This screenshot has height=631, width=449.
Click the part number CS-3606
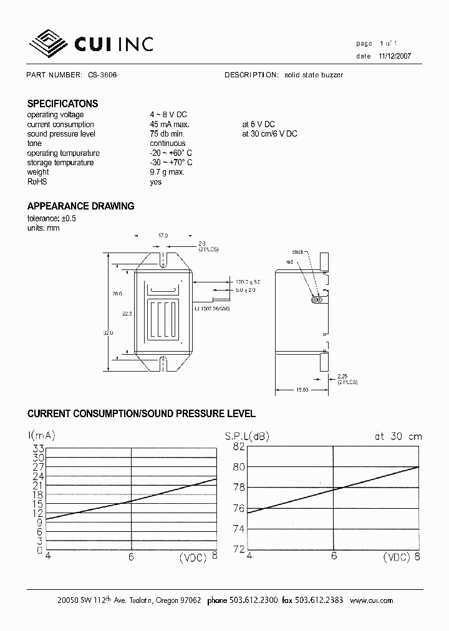[102, 75]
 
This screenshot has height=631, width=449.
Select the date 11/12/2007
[394, 56]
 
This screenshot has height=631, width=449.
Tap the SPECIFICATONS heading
[62, 104]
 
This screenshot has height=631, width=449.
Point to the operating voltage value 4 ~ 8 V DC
[168, 115]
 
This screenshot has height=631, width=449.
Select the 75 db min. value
[167, 134]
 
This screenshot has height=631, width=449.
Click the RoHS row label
[37, 182]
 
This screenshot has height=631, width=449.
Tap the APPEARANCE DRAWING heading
[80, 206]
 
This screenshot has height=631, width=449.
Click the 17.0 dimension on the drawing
[163, 236]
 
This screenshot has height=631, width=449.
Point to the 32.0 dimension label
[108, 334]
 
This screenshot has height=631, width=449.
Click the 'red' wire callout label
[289, 262]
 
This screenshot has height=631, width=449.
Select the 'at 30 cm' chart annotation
[398, 436]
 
